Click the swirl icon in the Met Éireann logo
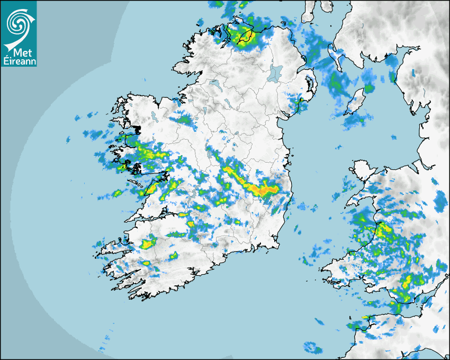click(x=18, y=22)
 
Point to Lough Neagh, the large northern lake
click(x=275, y=73)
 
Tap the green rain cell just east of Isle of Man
click(x=368, y=88)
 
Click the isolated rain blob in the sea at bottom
click(x=312, y=348)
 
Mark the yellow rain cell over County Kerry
click(x=148, y=243)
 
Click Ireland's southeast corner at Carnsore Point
click(x=276, y=245)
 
